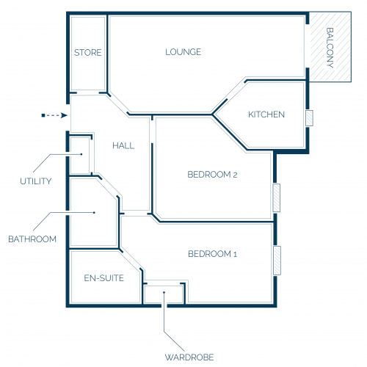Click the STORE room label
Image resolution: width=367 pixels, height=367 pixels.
click(88, 53)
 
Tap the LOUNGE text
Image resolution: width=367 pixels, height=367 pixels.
click(183, 52)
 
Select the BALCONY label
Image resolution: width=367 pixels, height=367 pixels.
click(330, 48)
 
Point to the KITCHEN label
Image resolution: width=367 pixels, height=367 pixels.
click(266, 115)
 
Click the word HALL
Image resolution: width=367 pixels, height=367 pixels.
click(123, 146)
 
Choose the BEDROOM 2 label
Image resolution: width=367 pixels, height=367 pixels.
click(212, 175)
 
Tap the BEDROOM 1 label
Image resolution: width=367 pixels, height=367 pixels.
click(212, 254)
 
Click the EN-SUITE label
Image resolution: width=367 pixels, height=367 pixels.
click(104, 278)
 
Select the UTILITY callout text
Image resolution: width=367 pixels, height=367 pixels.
click(36, 181)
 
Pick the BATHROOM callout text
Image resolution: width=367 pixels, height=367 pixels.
click(32, 239)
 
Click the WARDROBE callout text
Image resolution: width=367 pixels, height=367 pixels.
click(189, 357)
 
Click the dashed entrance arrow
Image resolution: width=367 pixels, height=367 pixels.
click(54, 115)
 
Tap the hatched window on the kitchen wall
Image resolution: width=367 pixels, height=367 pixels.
click(309, 118)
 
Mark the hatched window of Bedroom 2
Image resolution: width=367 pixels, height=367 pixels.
click(277, 198)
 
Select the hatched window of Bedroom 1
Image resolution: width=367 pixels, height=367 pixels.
click(277, 261)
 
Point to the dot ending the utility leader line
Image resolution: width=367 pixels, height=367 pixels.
click(81, 154)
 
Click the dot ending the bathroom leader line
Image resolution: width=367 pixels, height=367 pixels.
click(94, 213)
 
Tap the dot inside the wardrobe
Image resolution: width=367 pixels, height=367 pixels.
click(164, 292)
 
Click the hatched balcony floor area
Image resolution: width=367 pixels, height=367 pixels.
click(330, 47)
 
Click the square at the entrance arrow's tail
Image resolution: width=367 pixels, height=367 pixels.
click(43, 115)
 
